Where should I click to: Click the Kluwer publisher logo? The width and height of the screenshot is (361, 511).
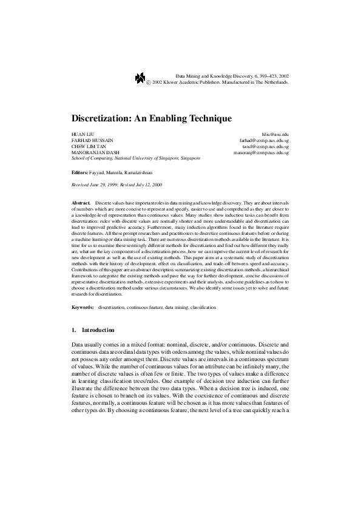coord(140,77)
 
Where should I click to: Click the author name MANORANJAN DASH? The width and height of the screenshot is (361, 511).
coord(93,152)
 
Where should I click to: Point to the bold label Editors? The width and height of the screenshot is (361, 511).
coord(79,172)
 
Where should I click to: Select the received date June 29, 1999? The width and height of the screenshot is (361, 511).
coord(106,184)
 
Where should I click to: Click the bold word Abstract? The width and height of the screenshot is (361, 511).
coord(81,199)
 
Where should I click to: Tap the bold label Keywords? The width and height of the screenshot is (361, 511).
coord(82,308)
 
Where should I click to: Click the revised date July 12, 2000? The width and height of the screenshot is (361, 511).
coord(149,184)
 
